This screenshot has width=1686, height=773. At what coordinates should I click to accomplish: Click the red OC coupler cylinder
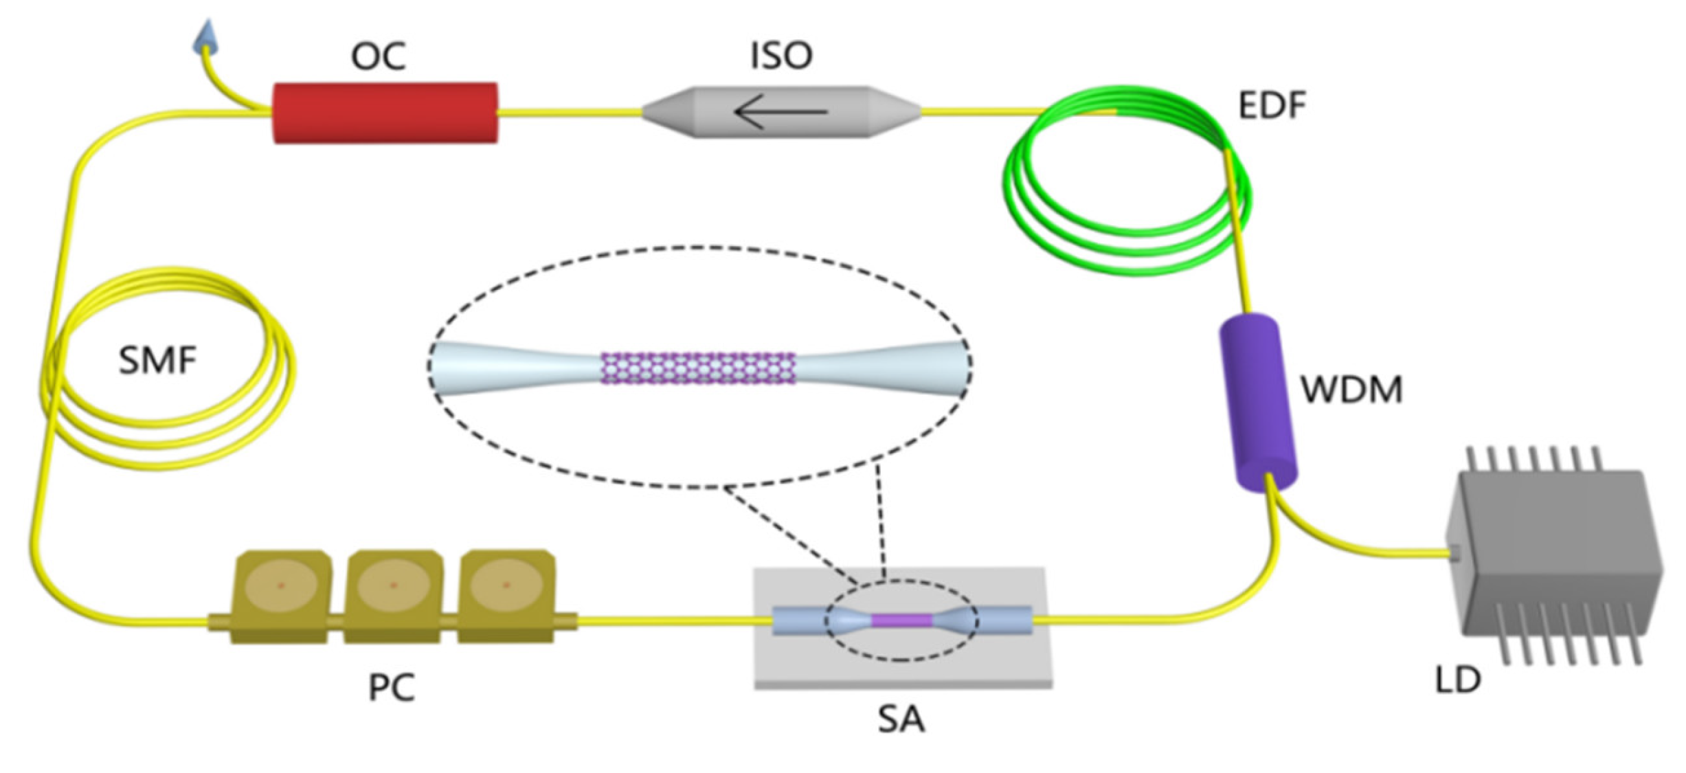click(385, 113)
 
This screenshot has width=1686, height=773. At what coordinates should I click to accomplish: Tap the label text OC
click(379, 56)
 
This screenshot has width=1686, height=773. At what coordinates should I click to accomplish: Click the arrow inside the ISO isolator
click(780, 112)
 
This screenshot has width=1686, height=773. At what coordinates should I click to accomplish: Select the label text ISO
click(781, 55)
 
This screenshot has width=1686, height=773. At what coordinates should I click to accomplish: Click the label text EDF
click(1272, 106)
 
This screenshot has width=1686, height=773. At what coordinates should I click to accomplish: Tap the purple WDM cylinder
click(1258, 402)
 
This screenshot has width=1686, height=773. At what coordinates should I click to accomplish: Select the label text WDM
click(1351, 390)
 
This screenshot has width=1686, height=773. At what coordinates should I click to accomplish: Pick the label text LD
click(1458, 680)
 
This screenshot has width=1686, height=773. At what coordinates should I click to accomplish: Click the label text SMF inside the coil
click(157, 360)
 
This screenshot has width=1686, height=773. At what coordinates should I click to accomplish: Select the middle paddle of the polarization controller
click(393, 595)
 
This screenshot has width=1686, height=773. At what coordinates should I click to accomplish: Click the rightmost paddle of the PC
click(506, 595)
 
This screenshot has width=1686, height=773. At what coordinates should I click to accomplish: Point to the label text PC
click(392, 687)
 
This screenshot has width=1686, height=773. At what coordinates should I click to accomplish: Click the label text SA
click(901, 720)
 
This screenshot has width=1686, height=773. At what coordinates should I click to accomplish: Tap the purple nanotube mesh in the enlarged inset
click(698, 368)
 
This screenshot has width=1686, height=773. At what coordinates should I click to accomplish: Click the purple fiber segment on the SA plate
click(901, 620)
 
